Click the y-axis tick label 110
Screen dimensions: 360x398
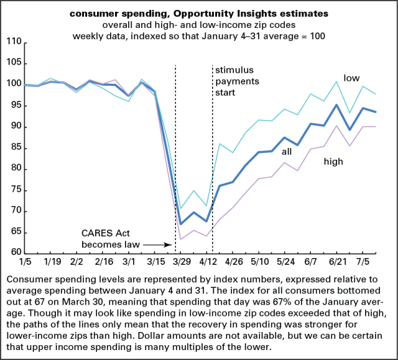pyautogui.click(x=14, y=42)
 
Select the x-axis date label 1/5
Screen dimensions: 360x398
pyautogui.click(x=25, y=263)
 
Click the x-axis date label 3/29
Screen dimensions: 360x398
pyautogui.click(x=181, y=263)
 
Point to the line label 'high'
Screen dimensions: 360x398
pyautogui.click(x=334, y=162)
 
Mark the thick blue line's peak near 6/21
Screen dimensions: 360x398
pyautogui.click(x=336, y=105)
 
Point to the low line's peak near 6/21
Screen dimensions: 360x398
pyautogui.click(x=336, y=81)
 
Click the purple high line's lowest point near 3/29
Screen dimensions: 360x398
pyautogui.click(x=181, y=239)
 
